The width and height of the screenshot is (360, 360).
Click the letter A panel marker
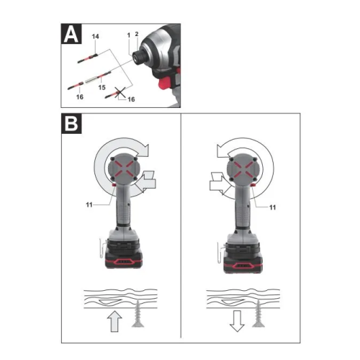click(x=71, y=34)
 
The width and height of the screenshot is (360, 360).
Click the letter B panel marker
click(x=71, y=123)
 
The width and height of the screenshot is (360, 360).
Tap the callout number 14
click(x=95, y=37)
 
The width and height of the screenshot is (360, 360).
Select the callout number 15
click(x=102, y=87)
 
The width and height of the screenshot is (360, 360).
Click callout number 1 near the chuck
click(x=129, y=35)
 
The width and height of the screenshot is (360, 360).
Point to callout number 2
click(x=137, y=34)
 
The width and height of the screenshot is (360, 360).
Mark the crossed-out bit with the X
click(x=115, y=94)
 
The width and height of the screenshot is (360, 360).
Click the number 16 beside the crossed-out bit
click(x=131, y=99)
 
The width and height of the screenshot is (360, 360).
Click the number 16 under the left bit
click(x=80, y=97)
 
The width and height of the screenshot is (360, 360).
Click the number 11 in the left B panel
click(x=89, y=204)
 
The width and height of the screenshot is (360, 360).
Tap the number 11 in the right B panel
click(x=272, y=207)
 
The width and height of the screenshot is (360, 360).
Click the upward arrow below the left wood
click(x=114, y=321)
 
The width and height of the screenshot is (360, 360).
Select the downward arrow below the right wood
click(x=237, y=321)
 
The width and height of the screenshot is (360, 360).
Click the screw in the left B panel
click(x=138, y=314)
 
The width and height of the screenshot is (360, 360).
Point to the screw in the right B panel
click(x=258, y=313)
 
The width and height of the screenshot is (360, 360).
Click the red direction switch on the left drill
click(x=114, y=185)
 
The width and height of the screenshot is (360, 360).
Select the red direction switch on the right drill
click(x=253, y=185)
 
